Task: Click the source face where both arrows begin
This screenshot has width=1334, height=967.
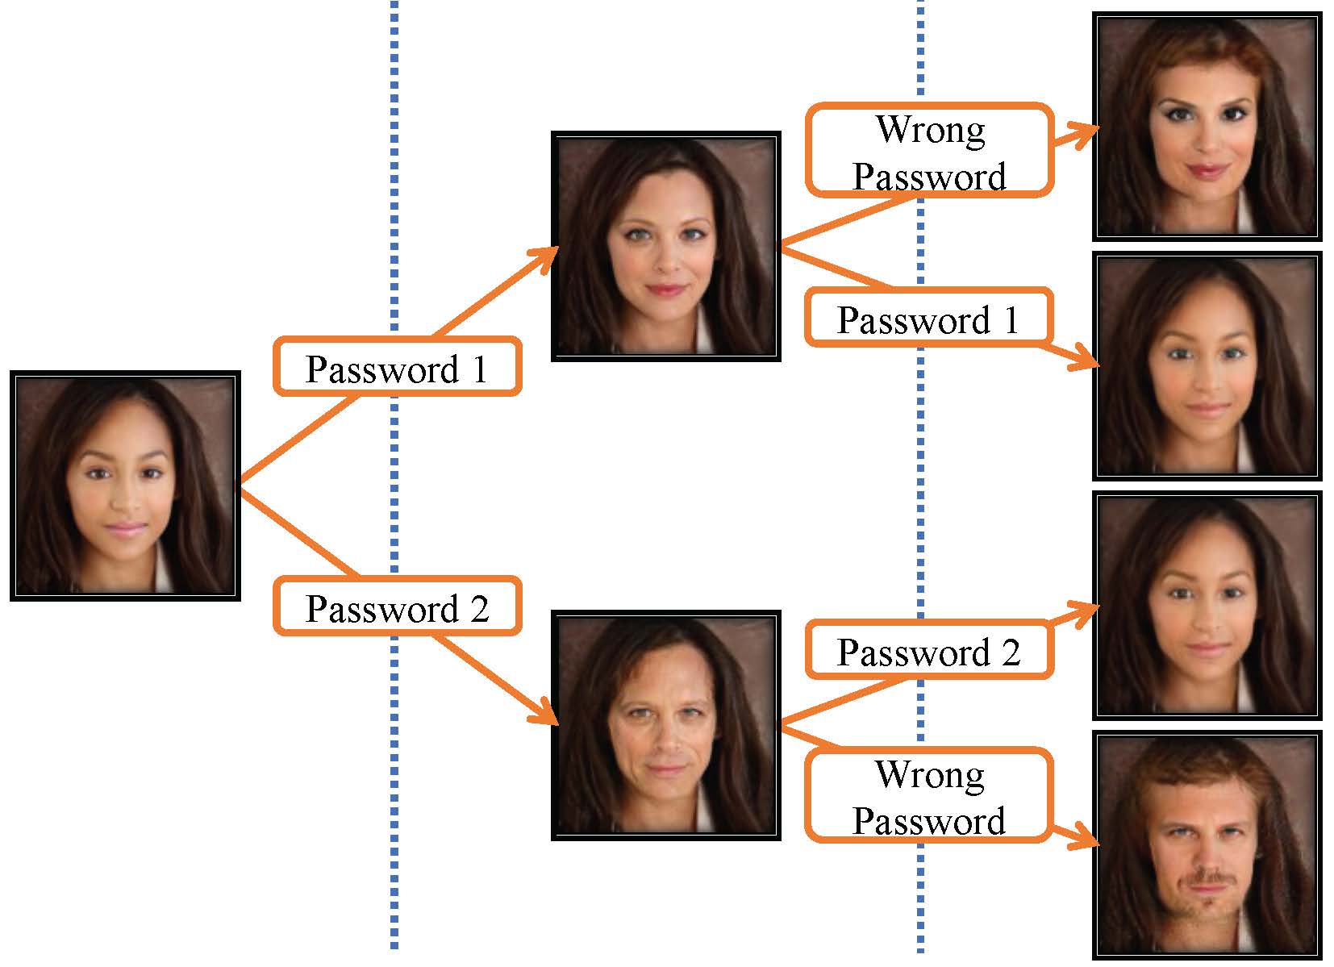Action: tap(125, 486)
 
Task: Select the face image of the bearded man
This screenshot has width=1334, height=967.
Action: tap(1207, 845)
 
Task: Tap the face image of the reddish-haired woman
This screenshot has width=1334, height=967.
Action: tap(1207, 126)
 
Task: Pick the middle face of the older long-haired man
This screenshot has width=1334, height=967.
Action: tap(665, 725)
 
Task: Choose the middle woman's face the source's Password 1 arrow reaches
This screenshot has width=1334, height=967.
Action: tap(665, 246)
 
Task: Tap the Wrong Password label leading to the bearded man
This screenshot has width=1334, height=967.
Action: tap(929, 796)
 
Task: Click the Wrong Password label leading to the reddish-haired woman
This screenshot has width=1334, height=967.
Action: tap(929, 151)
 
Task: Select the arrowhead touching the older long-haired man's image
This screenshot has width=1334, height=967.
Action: tap(545, 711)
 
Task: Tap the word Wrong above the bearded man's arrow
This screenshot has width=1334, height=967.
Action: tap(929, 774)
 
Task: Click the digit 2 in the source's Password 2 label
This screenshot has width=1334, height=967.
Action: tap(478, 608)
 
